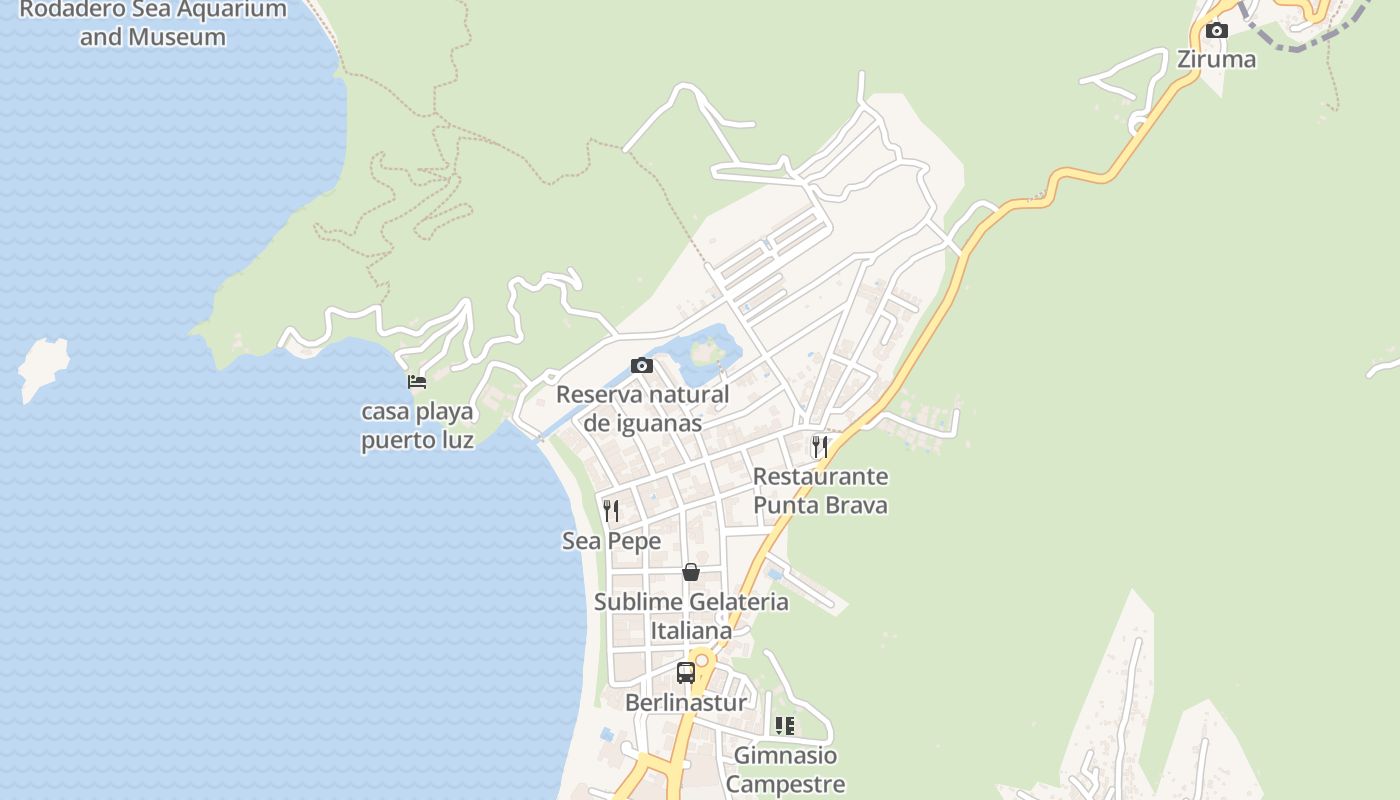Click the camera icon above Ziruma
(x=1217, y=31)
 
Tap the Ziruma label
(x=1216, y=59)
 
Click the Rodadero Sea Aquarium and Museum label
(x=153, y=24)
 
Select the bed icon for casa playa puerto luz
(x=417, y=382)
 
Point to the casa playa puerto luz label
(x=417, y=425)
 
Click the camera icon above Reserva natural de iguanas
(x=642, y=366)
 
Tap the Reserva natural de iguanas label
(x=642, y=408)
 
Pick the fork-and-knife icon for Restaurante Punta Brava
(x=820, y=447)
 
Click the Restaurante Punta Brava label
(x=820, y=490)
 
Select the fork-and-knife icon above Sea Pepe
(x=611, y=511)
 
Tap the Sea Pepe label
(x=611, y=541)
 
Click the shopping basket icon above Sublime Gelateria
(x=690, y=572)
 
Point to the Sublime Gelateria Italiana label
(x=691, y=616)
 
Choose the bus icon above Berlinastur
(x=685, y=673)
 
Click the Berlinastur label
(x=685, y=703)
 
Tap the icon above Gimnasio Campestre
(x=785, y=726)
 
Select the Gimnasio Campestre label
(x=785, y=769)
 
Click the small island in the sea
(x=43, y=366)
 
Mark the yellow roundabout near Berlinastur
(x=703, y=660)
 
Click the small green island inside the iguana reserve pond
(x=707, y=351)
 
